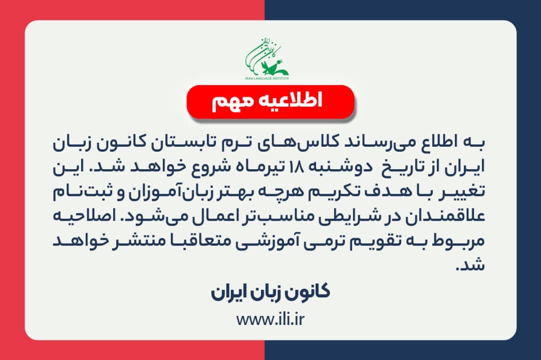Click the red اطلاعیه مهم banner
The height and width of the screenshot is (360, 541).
coord(270,102)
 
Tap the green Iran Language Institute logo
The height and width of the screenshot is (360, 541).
coord(267,58)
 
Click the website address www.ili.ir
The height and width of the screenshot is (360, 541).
coord(270,319)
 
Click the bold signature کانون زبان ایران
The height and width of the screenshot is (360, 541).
coord(270,293)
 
